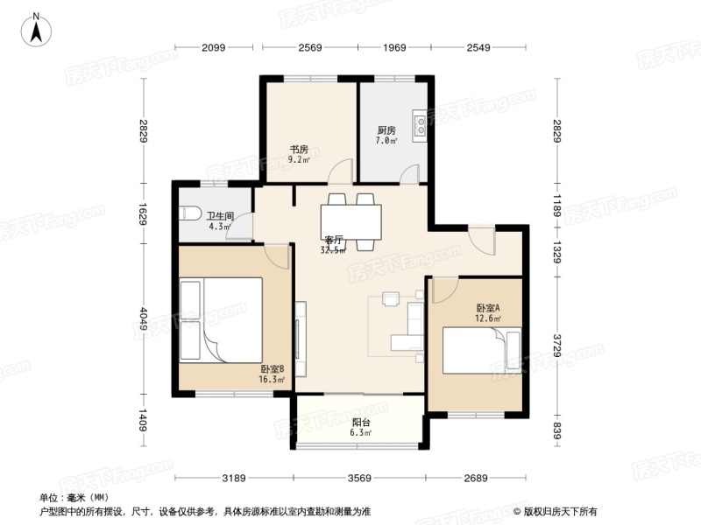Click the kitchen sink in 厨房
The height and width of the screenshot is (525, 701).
420,123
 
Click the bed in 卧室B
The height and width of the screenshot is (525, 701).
221,320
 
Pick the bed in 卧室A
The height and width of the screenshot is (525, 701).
480,349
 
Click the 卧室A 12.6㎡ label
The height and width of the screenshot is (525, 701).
488,312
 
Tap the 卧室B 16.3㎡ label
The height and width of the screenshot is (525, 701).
272,374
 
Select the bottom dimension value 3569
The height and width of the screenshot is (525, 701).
360,477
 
